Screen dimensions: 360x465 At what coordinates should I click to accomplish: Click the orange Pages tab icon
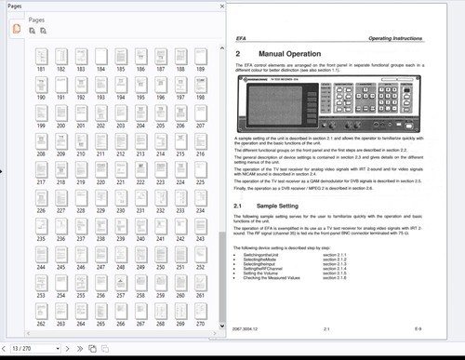pyautogui.click(x=17, y=31)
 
